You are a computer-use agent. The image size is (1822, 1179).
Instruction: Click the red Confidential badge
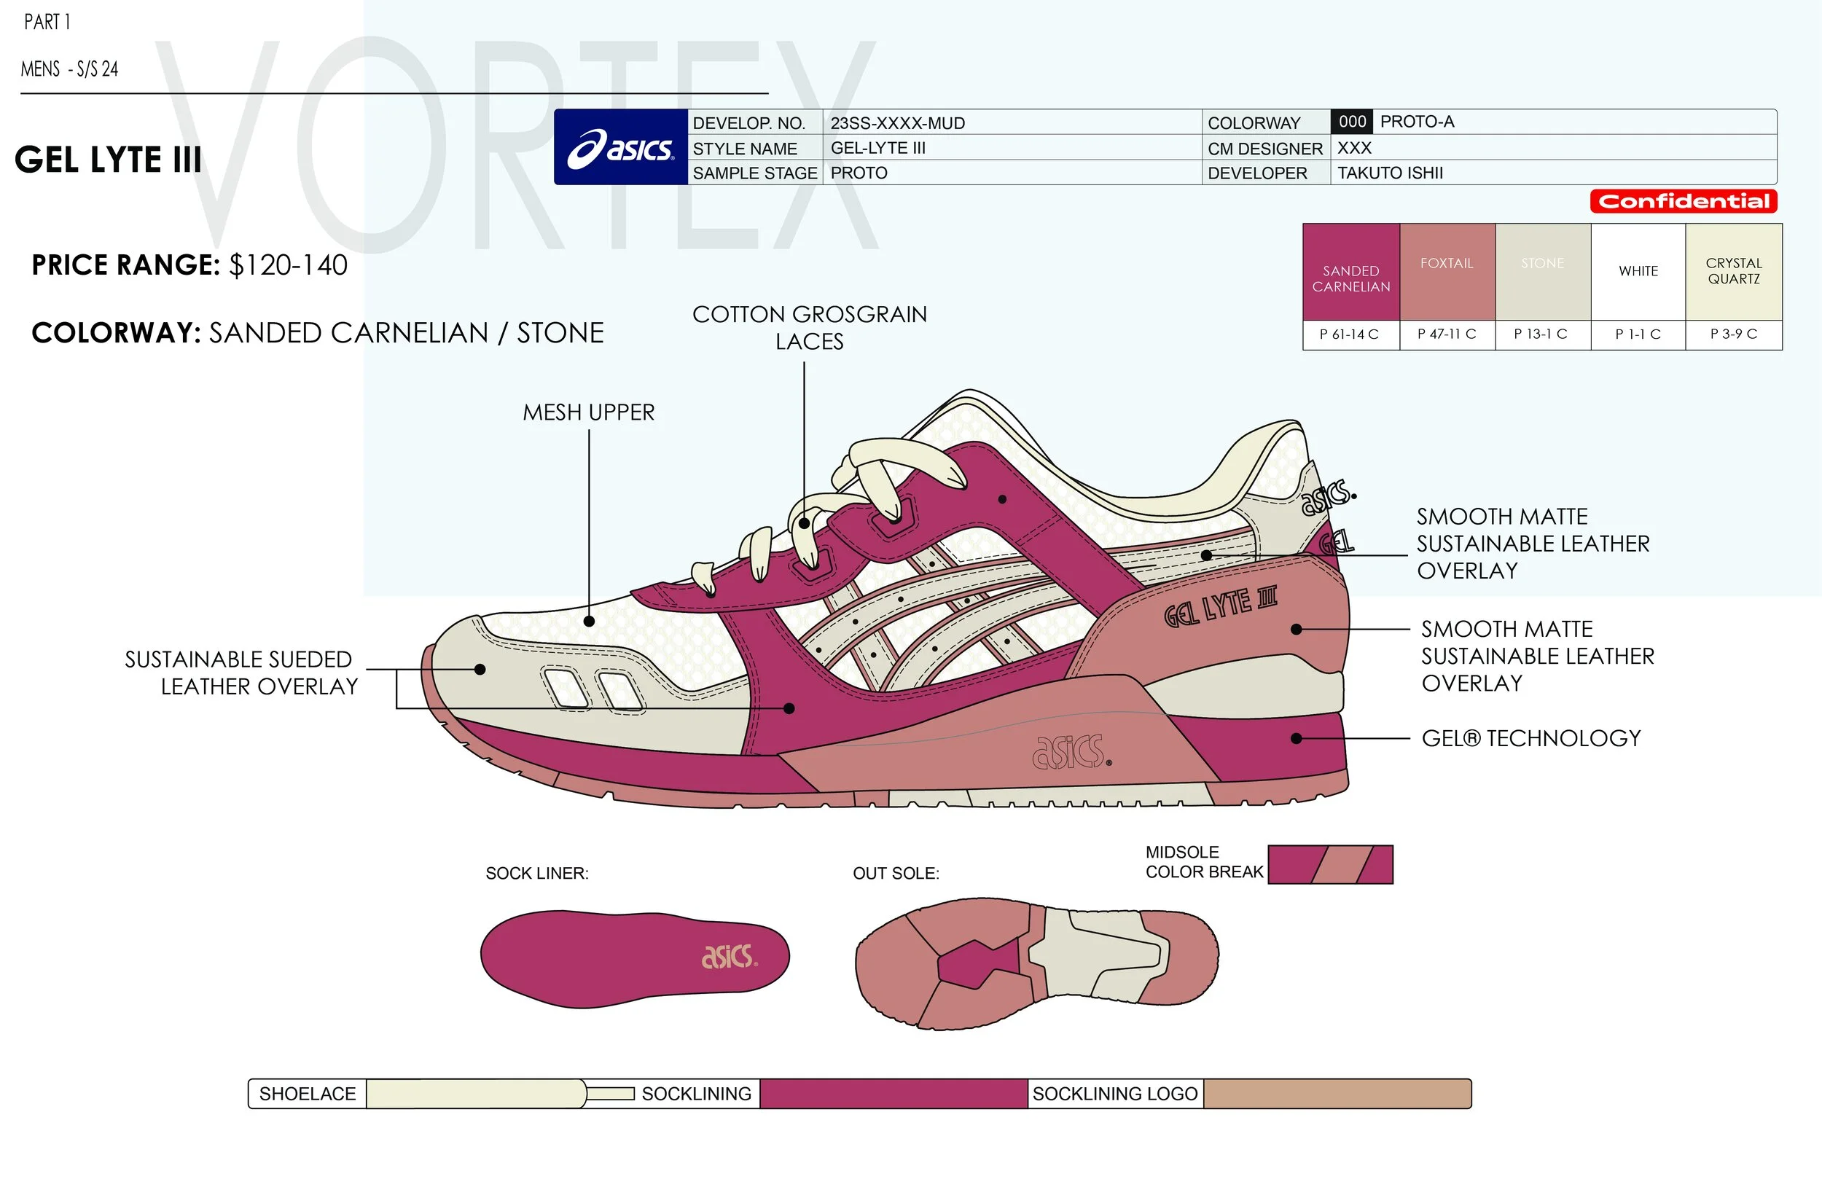[x=1684, y=201]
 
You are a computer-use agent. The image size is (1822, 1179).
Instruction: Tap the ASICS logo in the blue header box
[x=621, y=147]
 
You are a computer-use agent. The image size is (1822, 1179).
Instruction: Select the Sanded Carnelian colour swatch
[x=1351, y=272]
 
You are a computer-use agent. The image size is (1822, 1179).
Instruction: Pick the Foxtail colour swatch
[x=1447, y=272]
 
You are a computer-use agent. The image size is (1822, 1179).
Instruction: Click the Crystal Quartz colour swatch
[x=1734, y=272]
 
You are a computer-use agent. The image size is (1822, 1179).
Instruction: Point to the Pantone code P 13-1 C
[x=1541, y=334]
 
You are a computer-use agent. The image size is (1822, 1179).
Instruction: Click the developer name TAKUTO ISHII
[x=1391, y=173]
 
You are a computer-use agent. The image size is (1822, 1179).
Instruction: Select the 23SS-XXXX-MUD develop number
[x=897, y=123]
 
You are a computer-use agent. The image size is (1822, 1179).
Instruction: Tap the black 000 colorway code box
[x=1352, y=122]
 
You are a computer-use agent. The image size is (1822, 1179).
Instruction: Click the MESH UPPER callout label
[x=589, y=412]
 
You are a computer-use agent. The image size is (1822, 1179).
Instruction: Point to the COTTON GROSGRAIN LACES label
[x=809, y=328]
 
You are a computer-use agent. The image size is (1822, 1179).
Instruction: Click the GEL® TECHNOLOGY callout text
[x=1531, y=738]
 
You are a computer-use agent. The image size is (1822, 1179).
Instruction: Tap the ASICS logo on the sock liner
[x=729, y=956]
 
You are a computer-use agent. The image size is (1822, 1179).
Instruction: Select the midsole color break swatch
[x=1331, y=864]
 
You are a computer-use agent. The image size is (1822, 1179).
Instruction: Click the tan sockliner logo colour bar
[x=1337, y=1093]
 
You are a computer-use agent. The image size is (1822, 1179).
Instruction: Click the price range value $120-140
[x=289, y=266]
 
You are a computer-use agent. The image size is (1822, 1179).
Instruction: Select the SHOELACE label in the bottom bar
[x=307, y=1093]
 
